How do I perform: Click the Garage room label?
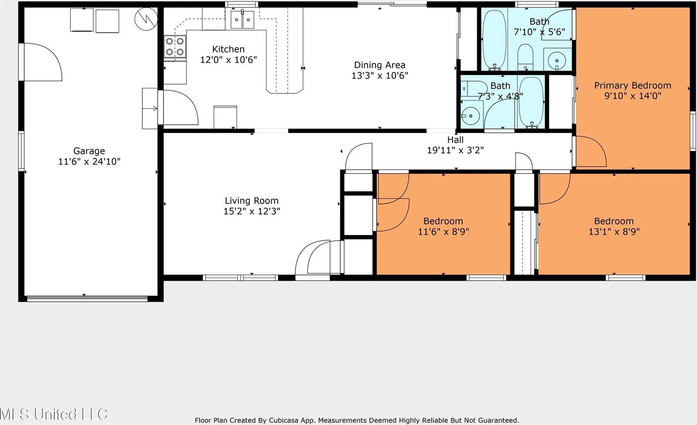click(x=89, y=151)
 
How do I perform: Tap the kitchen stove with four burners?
click(x=175, y=47)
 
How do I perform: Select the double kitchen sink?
click(x=242, y=20)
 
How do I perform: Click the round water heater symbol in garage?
click(x=146, y=19)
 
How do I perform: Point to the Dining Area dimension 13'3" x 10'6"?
click(x=379, y=76)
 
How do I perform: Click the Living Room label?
click(x=252, y=201)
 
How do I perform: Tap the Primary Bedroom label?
click(x=633, y=85)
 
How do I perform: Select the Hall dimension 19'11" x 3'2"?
click(x=455, y=150)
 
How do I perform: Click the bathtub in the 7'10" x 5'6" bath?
click(x=494, y=39)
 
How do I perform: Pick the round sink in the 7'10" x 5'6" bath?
click(x=557, y=60)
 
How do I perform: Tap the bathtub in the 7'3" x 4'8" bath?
click(x=531, y=102)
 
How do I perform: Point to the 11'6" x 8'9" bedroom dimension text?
click(x=443, y=231)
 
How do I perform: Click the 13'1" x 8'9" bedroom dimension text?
click(x=614, y=231)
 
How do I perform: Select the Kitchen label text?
click(x=228, y=49)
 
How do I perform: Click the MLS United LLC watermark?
click(x=54, y=414)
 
